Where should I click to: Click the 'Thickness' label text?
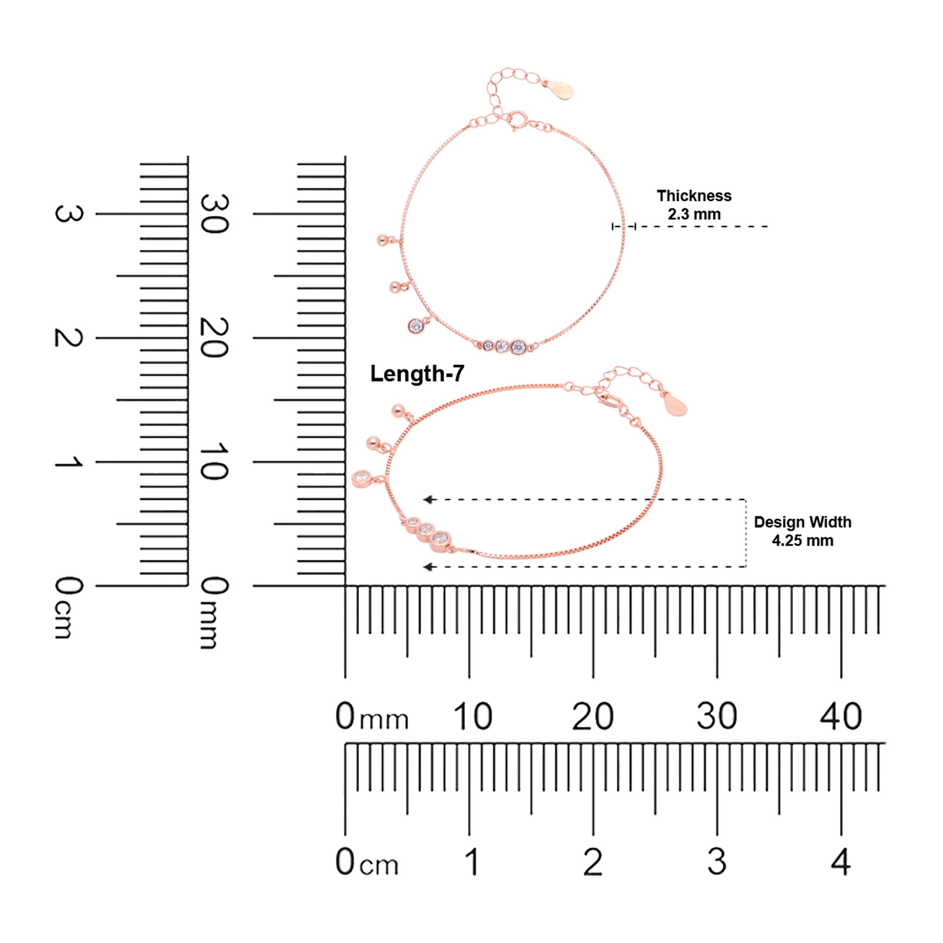[694, 196]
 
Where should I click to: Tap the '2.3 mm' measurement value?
[694, 214]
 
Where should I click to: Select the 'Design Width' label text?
[802, 522]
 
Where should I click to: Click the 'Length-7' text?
[417, 374]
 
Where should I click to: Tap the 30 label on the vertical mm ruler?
[214, 214]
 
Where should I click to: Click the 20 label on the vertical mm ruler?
[214, 338]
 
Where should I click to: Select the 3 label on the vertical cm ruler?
[68, 214]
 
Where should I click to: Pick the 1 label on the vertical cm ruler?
[68, 462]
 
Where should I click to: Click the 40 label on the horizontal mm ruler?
[840, 716]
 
